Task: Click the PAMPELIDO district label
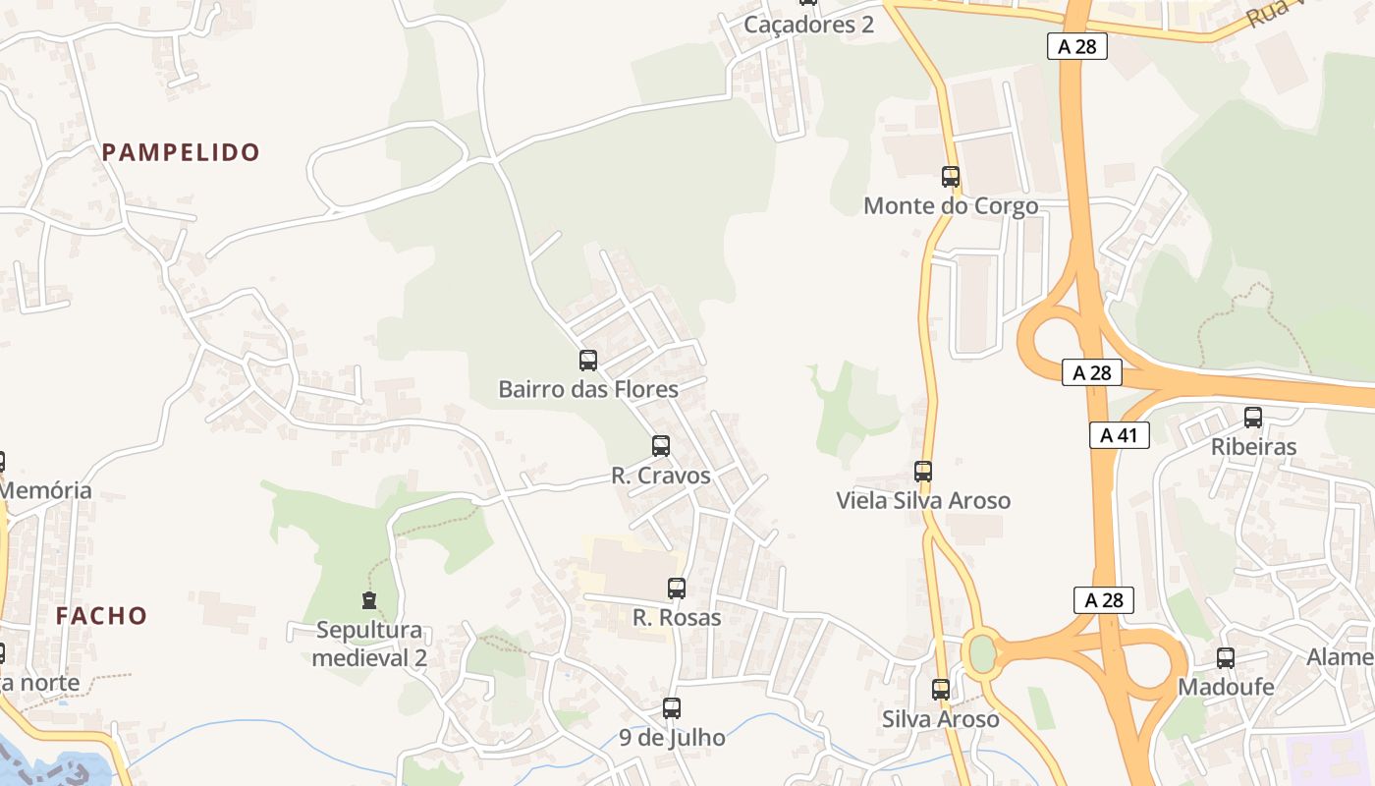(181, 152)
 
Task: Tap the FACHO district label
(101, 616)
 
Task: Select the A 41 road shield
(1119, 435)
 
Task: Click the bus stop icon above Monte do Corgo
(951, 177)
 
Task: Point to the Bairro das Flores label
(588, 389)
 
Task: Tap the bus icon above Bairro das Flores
(588, 361)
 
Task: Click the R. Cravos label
(661, 476)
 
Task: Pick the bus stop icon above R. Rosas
(677, 589)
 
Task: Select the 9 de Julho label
(672, 737)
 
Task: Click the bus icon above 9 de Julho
(672, 707)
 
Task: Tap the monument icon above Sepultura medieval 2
(369, 599)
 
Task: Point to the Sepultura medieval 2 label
(369, 644)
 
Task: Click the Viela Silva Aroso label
(923, 500)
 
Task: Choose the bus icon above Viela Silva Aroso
(923, 472)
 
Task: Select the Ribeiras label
(1253, 446)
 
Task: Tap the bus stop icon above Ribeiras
(1253, 418)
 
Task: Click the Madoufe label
(1226, 687)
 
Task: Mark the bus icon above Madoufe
(1226, 658)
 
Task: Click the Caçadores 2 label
(808, 25)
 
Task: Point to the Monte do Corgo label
(951, 206)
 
